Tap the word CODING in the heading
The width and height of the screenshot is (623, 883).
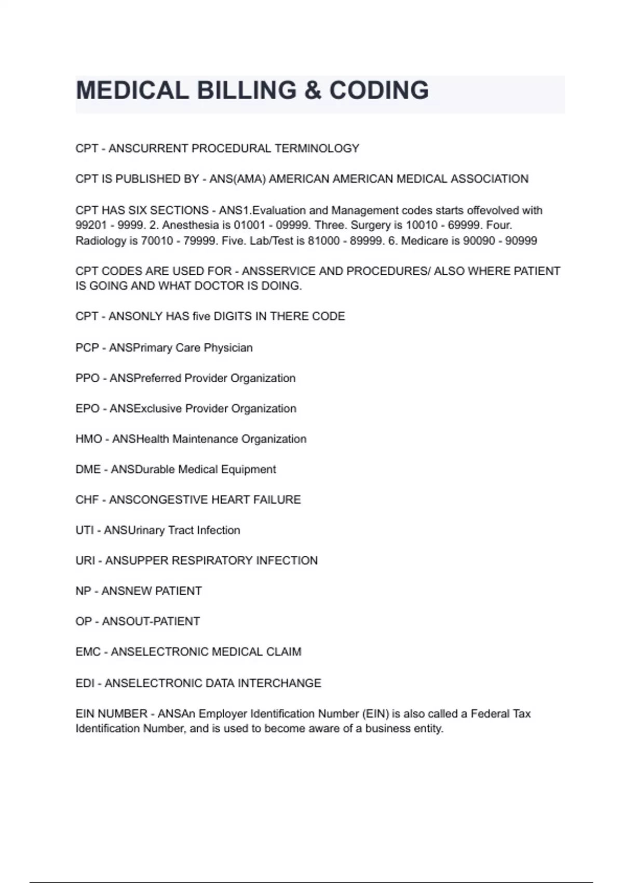[379, 90]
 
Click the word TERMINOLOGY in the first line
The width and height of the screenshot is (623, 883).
[317, 149]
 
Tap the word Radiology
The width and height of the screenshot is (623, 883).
[101, 241]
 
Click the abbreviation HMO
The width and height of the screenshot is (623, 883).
[89, 439]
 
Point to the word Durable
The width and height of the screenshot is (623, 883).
[151, 470]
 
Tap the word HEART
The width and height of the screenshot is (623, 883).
[229, 500]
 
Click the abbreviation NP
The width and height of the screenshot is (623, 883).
[83, 591]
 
